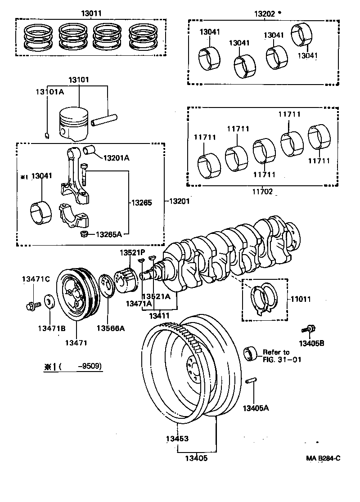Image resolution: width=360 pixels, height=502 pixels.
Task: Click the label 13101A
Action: coord(49,92)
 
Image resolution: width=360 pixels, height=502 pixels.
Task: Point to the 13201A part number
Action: coord(116,158)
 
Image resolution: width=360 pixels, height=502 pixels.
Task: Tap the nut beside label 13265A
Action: coord(83,234)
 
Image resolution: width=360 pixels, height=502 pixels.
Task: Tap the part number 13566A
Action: coord(111,328)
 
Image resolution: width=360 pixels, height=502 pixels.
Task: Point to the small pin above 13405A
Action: coord(251,381)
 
